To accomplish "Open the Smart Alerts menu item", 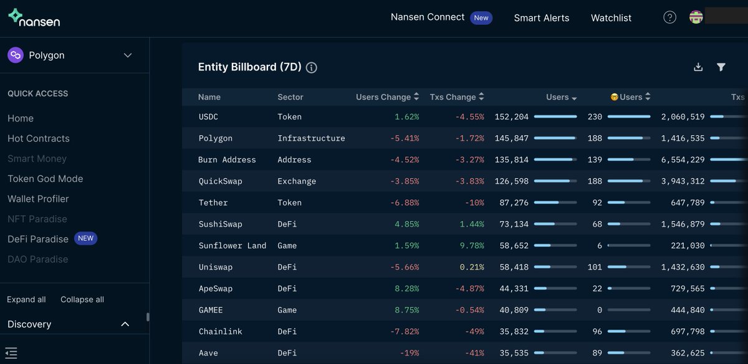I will (541, 18).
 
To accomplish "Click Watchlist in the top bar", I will (611, 18).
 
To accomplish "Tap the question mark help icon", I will (669, 17).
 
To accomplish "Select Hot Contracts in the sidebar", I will (39, 138).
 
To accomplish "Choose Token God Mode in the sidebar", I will (45, 179).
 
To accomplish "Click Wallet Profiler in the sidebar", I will (38, 199).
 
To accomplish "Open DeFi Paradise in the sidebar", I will (38, 239).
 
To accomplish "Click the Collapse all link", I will (82, 300).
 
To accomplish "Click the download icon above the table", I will (698, 67).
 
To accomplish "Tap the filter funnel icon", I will (721, 67).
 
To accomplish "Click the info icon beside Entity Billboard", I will (312, 68).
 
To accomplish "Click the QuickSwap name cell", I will (220, 181).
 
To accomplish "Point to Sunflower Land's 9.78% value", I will (472, 246).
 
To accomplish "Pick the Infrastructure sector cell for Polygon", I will (311, 138).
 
